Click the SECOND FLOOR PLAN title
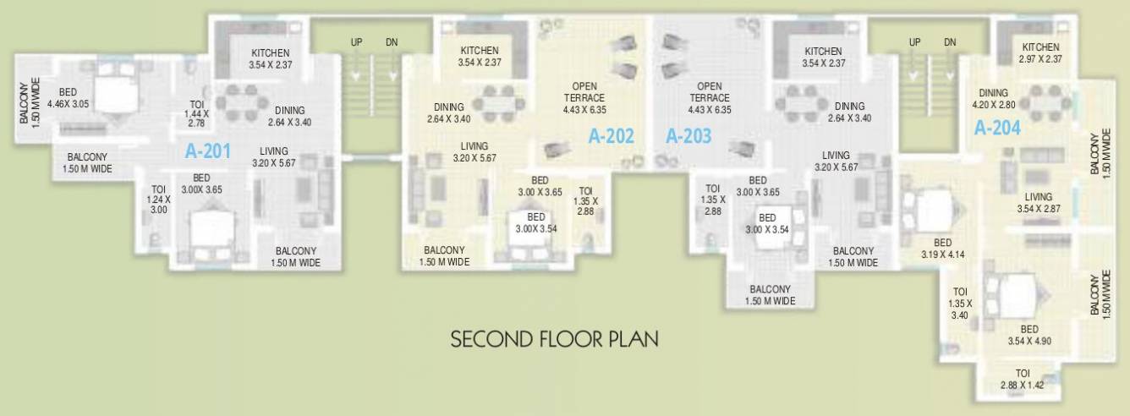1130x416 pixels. (555, 340)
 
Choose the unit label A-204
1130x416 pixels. (998, 129)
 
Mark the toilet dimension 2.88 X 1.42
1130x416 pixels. (1022, 385)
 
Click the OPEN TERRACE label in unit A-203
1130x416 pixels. (709, 97)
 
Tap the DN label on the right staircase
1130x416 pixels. (950, 42)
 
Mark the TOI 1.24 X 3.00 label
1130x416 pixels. (158, 200)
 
